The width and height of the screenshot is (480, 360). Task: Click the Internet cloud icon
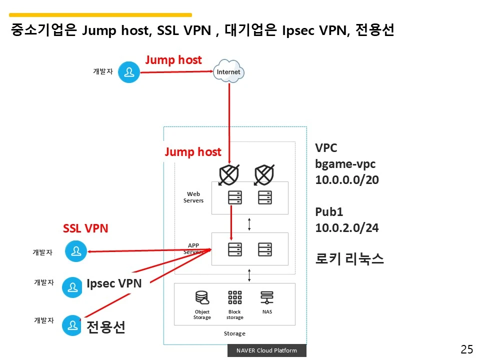point(228,71)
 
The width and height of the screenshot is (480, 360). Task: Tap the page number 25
point(466,349)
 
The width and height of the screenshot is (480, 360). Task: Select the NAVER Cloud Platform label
point(266,350)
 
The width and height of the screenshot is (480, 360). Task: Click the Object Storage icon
point(202,298)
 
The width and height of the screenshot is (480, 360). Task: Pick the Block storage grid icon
point(234,297)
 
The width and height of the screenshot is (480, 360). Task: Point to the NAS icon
point(267,298)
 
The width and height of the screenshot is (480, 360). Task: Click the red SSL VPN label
point(85,228)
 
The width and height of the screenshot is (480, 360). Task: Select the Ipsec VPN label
point(114,283)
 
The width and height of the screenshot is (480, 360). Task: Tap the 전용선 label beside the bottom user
point(105,327)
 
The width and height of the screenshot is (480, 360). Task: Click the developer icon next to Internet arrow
point(129,72)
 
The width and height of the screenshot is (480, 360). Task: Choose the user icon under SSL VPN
point(76,251)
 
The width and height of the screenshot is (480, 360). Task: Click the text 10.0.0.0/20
point(346,180)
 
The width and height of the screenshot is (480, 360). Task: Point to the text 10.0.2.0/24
point(346,228)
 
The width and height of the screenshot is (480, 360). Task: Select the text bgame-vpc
point(345,164)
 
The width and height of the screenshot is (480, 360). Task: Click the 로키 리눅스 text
point(349,259)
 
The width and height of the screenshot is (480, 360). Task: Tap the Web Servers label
point(193,197)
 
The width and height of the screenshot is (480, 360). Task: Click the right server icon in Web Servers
point(265,197)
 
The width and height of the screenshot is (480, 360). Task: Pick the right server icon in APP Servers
point(265,249)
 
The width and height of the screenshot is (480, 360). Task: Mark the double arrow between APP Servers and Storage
point(249,274)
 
